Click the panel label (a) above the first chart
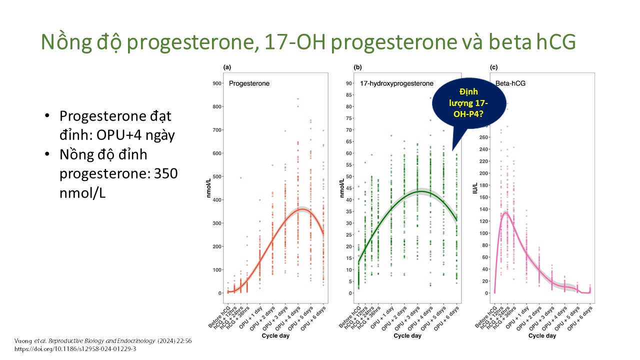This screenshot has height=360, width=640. pyautogui.click(x=227, y=67)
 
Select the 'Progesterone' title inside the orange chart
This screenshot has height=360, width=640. pyautogui.click(x=249, y=83)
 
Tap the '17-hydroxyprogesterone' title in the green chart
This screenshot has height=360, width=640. pyautogui.click(x=396, y=83)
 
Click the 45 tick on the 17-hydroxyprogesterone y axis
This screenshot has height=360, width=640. pyautogui.click(x=351, y=188)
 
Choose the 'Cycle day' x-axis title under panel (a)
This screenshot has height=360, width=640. pyautogui.click(x=275, y=336)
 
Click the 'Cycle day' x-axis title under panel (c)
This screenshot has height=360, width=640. pyautogui.click(x=542, y=336)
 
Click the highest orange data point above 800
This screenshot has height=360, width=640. pyautogui.click(x=298, y=99)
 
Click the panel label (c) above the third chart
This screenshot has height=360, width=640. pyautogui.click(x=493, y=67)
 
